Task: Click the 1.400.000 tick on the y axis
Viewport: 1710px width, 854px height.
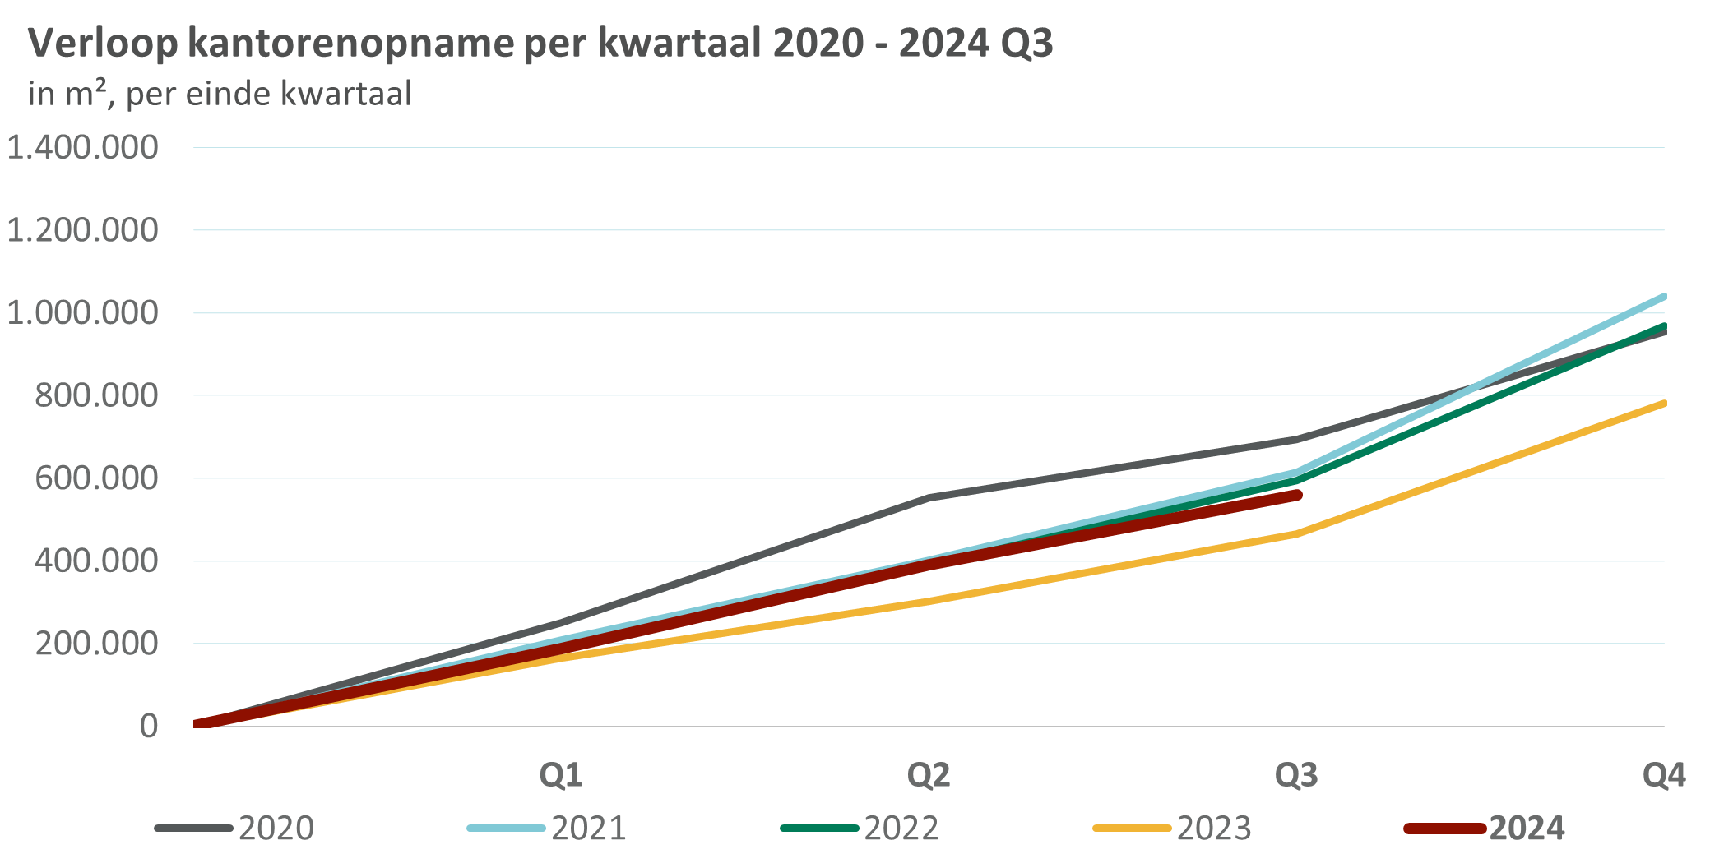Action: pos(82,148)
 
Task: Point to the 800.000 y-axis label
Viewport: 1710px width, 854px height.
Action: pos(95,395)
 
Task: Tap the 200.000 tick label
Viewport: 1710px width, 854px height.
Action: pos(95,644)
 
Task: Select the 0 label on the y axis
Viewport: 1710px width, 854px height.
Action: pos(148,727)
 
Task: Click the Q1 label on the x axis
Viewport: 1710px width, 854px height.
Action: pos(561,775)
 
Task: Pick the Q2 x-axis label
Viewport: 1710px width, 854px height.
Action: pos(929,775)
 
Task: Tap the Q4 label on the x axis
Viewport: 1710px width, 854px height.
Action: pos(1663,775)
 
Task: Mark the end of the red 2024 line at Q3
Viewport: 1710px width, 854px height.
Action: pos(1298,495)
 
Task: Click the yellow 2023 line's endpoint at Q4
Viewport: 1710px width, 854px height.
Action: pos(1664,403)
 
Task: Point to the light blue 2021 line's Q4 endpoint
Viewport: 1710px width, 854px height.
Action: pos(1664,296)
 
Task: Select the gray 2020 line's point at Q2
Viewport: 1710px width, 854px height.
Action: pos(929,497)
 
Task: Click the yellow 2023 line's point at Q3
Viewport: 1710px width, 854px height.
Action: pos(1297,534)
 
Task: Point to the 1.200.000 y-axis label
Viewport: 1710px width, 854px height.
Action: pos(82,230)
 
